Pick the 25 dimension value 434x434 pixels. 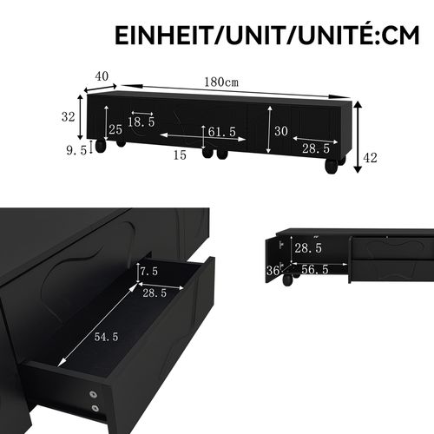coord(115,129)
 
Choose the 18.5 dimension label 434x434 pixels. coord(141,122)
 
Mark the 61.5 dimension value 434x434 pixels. coord(222,132)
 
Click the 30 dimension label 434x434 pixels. coord(280,131)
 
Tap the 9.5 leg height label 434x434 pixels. coord(76,149)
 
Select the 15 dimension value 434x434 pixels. coord(179,155)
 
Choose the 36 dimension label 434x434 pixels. coord(273,271)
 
